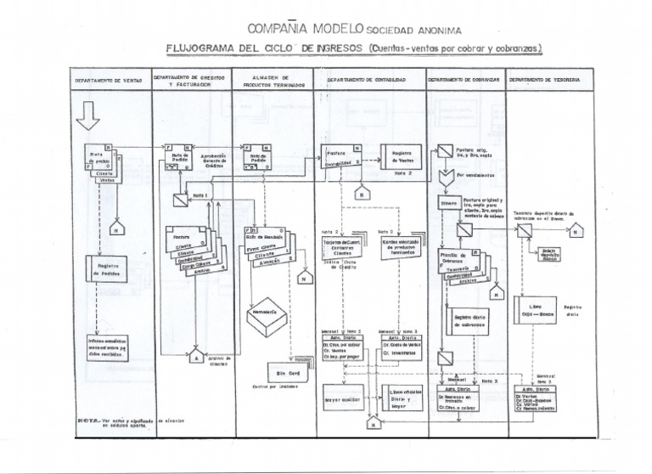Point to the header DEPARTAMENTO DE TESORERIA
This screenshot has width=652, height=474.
pyautogui.click(x=544, y=79)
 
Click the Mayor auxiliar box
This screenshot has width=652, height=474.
pyautogui.click(x=340, y=398)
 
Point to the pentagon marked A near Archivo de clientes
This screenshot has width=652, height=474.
pyautogui.click(x=198, y=356)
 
